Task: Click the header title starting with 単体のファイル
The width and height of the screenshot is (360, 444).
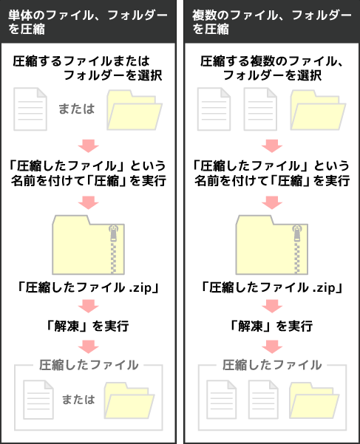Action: (88, 22)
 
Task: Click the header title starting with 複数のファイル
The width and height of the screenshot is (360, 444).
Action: (271, 22)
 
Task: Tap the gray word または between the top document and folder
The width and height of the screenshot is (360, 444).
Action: (76, 109)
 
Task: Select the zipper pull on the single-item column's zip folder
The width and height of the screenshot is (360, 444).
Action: (114, 233)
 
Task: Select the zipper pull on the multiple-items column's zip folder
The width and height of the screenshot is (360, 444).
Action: (297, 233)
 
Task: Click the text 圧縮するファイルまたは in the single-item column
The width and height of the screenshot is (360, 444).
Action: (81, 61)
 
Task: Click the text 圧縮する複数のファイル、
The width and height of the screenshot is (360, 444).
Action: (272, 61)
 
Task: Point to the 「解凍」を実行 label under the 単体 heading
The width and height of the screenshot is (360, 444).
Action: (88, 327)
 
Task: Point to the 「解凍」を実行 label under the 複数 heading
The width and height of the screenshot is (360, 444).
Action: (271, 327)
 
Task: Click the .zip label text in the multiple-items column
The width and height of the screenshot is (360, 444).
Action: (325, 288)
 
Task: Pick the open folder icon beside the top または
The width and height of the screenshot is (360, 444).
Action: (135, 110)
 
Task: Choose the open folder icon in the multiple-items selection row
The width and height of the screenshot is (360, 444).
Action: (318, 110)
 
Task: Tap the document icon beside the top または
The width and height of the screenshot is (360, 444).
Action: (30, 109)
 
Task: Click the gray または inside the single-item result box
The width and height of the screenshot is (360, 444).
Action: (78, 400)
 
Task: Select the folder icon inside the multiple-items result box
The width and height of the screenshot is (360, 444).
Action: (314, 400)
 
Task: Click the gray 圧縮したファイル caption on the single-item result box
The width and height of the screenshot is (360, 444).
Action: (89, 365)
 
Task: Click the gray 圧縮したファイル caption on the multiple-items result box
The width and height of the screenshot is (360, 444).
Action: (272, 365)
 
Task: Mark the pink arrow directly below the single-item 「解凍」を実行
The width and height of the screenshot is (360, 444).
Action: (89, 346)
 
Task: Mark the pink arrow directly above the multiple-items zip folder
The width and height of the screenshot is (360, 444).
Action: (272, 202)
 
